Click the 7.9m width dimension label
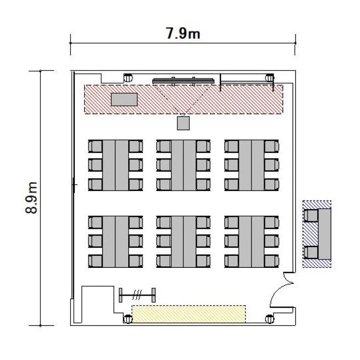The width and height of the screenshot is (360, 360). (183, 34)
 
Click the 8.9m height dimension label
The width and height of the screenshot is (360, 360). (31, 198)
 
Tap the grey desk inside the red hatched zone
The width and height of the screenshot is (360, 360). (124, 99)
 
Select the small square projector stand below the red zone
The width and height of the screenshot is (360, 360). (183, 123)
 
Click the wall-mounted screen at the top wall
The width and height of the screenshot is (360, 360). (183, 81)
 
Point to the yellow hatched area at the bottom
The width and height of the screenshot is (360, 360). (189, 314)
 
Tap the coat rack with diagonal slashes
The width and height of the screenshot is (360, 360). (137, 295)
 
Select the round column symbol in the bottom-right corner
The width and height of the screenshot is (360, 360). (270, 319)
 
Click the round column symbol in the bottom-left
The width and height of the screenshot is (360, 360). (128, 319)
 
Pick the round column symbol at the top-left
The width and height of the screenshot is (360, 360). (128, 78)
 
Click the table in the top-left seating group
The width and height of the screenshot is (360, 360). (116, 165)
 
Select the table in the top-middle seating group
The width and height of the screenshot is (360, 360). (183, 165)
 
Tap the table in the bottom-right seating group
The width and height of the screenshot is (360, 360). (252, 242)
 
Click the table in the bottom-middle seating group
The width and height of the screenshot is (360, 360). (183, 242)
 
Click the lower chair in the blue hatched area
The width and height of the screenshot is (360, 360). (311, 252)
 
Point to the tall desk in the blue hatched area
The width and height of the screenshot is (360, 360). (324, 234)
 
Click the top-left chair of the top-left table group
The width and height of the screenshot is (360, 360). (96, 146)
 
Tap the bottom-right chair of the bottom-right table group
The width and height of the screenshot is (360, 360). (272, 261)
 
